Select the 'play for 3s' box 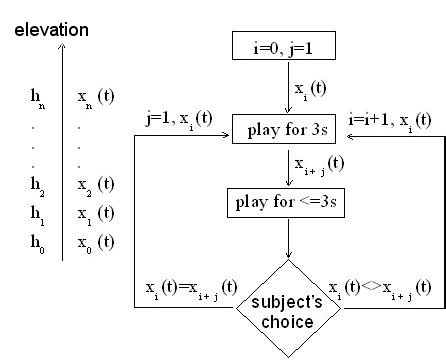(288, 129)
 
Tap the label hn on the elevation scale (37, 97)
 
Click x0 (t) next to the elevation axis (95, 241)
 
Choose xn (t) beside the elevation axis (95, 97)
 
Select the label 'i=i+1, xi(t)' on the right (391, 120)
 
